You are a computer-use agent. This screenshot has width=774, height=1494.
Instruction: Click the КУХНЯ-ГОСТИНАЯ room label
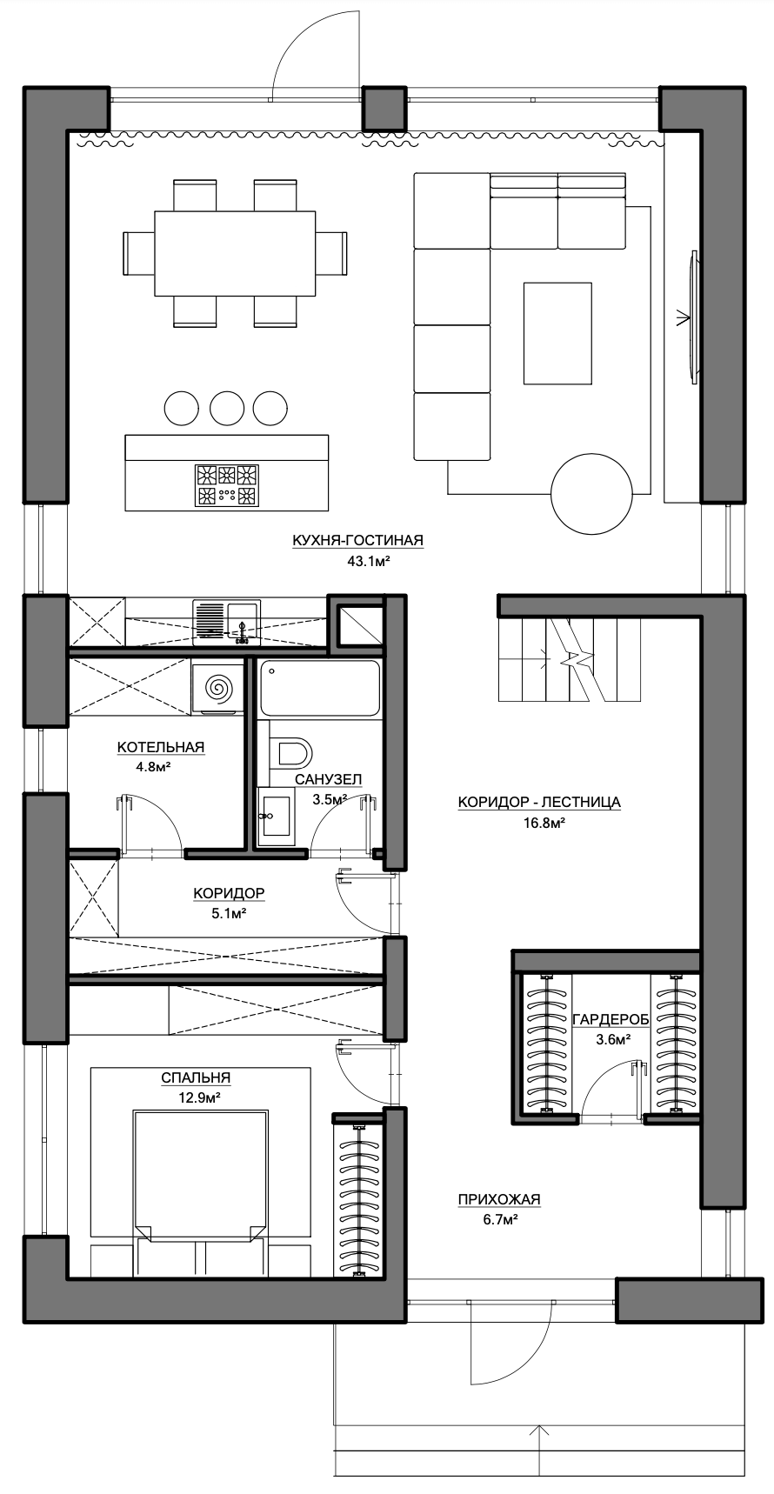357,541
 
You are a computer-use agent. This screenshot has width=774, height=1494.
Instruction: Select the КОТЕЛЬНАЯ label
161,747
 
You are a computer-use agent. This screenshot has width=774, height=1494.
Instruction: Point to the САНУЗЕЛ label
328,779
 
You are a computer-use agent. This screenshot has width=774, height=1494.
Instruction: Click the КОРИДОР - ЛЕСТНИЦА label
539,802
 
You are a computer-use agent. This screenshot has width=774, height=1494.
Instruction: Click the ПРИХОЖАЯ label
499,1200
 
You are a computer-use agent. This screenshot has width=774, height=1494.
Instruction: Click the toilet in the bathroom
290,753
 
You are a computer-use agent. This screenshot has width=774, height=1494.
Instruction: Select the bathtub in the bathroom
319,688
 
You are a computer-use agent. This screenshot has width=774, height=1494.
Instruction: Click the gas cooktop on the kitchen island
227,485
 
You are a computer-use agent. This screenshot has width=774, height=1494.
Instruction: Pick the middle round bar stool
227,408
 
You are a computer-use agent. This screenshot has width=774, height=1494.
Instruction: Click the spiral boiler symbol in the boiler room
217,688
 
